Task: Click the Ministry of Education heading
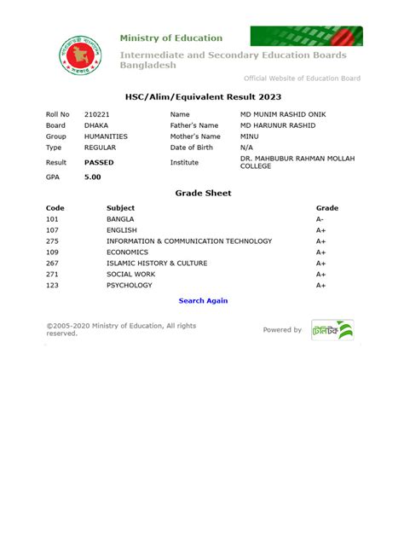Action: coord(170,38)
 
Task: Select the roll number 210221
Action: coord(97,114)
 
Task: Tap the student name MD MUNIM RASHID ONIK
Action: coord(283,114)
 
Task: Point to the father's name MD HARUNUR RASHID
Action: coord(279,125)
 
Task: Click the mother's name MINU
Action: coord(251,136)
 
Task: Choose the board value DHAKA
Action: coord(96,125)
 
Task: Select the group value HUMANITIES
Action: coord(106,136)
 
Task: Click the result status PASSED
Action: coord(99,161)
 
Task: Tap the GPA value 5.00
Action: coord(92,177)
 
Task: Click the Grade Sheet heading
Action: coord(203,194)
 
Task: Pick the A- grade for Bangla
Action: coord(320,219)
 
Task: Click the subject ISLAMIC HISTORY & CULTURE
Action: coord(157,264)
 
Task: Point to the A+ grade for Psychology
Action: coord(321,286)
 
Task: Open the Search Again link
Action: coord(203,301)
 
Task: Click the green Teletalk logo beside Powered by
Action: coord(332,330)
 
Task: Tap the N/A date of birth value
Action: coord(248,148)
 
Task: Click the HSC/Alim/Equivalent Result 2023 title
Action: coord(203,98)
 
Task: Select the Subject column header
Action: coord(120,208)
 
